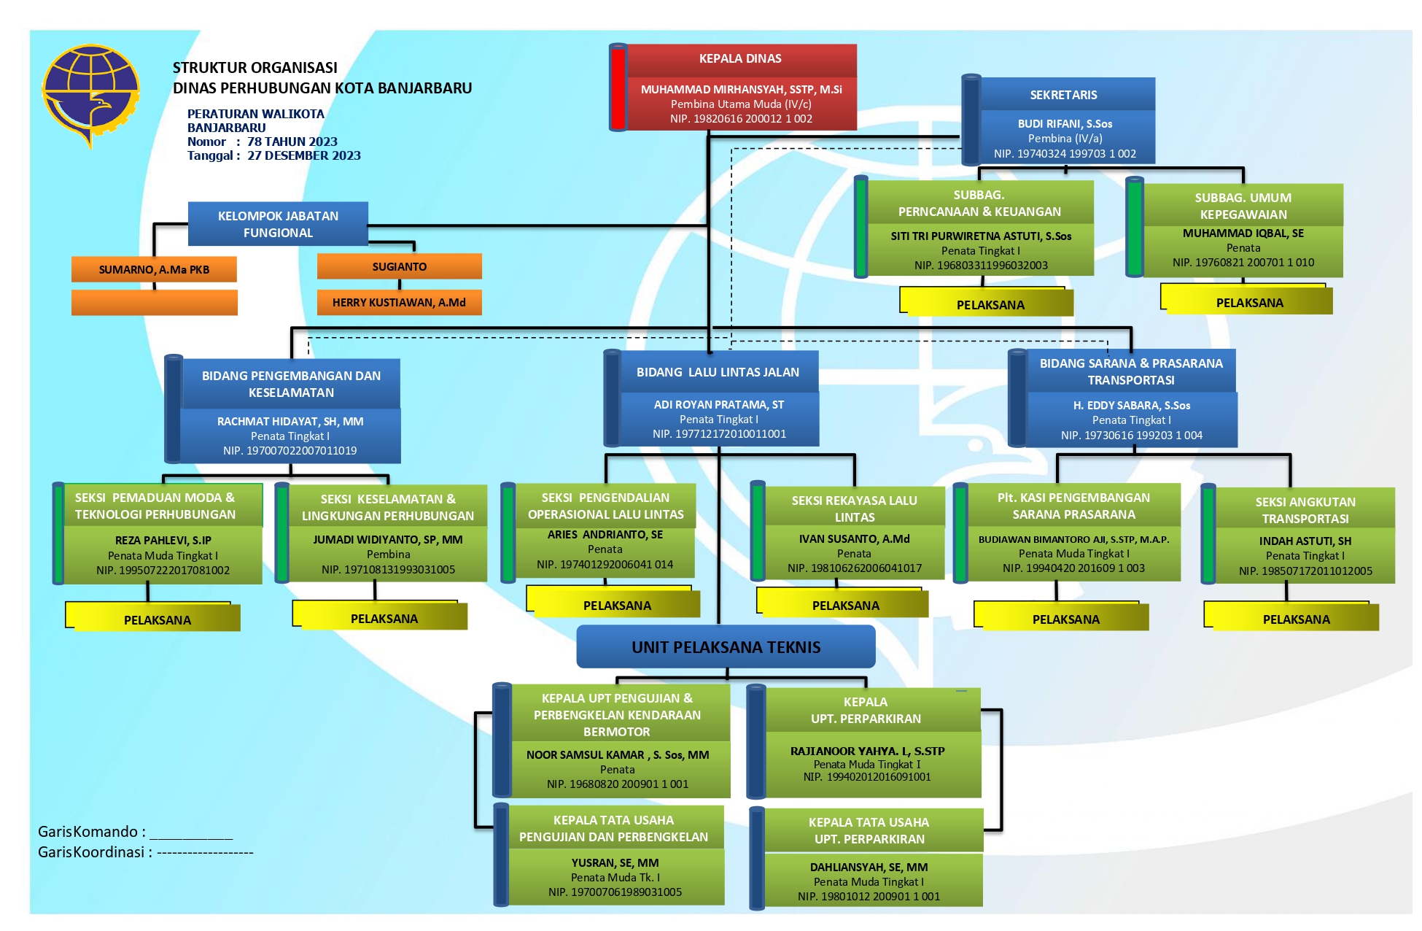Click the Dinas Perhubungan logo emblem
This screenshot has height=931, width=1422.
click(90, 96)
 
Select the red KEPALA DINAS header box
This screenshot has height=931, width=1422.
click(740, 59)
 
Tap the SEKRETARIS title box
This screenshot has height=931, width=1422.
click(1063, 95)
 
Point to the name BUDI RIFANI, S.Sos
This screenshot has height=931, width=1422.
click(1065, 124)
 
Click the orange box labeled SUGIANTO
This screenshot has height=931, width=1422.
click(399, 267)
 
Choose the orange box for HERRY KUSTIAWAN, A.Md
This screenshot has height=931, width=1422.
click(399, 303)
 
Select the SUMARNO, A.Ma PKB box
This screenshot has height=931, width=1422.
click(154, 270)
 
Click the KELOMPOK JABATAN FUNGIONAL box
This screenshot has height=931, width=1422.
click(278, 225)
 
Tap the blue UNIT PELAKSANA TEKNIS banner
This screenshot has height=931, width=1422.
click(726, 647)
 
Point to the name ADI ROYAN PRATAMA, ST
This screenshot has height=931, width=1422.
click(718, 405)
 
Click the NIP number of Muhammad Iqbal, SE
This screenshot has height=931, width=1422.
click(1243, 263)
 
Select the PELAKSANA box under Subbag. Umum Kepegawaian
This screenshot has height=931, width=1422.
click(1248, 303)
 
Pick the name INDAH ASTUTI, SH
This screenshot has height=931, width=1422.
click(1305, 541)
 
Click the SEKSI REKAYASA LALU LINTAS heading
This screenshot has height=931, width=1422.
click(854, 509)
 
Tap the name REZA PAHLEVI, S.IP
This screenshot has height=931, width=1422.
click(163, 541)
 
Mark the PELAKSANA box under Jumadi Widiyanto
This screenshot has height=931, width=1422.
click(384, 619)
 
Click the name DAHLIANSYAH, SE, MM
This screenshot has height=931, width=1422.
click(869, 868)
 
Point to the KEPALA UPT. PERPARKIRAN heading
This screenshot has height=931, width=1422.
click(866, 710)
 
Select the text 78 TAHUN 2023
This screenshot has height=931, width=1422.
click(292, 142)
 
